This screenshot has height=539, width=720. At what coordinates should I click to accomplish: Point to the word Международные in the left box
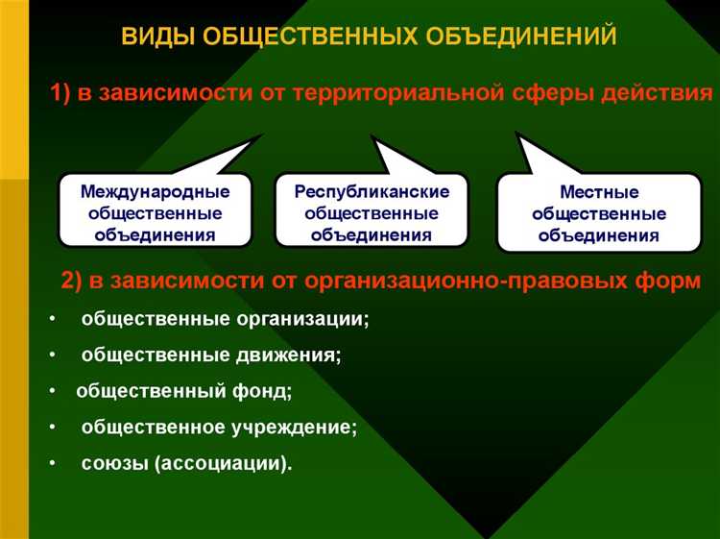tap(155, 193)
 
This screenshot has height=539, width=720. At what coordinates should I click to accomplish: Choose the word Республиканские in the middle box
tap(371, 192)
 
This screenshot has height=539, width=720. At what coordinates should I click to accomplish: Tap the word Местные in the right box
tap(598, 193)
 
